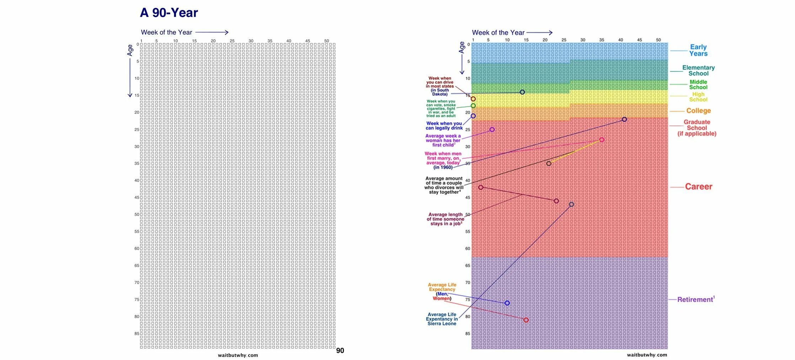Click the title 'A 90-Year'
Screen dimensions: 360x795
[169, 13]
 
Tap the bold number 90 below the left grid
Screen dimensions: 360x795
[340, 350]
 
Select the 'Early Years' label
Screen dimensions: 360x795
[698, 50]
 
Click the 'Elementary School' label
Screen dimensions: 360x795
[698, 70]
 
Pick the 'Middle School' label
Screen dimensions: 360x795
[698, 84]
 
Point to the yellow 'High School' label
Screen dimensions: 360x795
[698, 97]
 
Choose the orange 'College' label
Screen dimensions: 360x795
[698, 111]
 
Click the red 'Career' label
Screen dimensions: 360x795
[698, 186]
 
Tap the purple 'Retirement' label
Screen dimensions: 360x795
[695, 300]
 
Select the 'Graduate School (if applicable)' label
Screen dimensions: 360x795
[697, 128]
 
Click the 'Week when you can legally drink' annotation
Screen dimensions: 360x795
[444, 126]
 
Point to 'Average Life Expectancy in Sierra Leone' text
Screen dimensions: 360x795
[442, 319]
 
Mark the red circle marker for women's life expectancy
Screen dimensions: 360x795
[526, 320]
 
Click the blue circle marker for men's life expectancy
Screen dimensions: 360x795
[507, 303]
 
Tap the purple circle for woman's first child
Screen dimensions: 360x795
[492, 129]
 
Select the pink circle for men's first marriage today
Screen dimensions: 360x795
[602, 140]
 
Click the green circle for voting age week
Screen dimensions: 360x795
[473, 106]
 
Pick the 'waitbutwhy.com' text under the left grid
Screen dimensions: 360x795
[238, 355]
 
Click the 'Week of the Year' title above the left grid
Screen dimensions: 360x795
[166, 32]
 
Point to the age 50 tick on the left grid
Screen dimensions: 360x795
[137, 215]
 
